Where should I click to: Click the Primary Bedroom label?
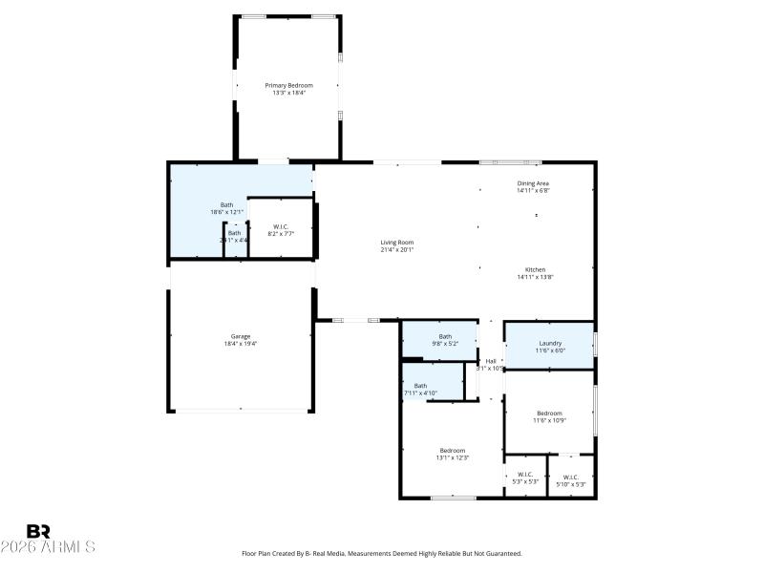(x=288, y=85)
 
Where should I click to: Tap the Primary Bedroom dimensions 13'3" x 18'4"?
(x=288, y=93)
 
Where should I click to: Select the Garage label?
(x=240, y=336)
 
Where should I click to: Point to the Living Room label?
(x=397, y=242)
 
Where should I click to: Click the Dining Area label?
(x=533, y=182)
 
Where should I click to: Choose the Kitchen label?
(x=535, y=269)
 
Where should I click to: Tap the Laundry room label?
(x=549, y=343)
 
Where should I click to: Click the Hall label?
(x=491, y=361)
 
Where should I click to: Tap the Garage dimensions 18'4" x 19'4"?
(x=240, y=344)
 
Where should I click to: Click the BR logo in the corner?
(x=38, y=530)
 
